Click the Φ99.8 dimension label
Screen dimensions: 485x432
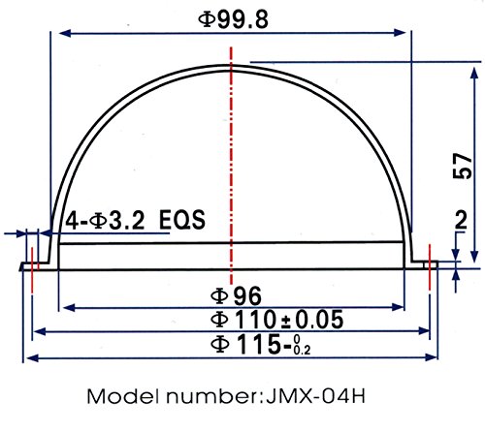coord(233,19)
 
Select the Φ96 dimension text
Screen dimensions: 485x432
coord(236,295)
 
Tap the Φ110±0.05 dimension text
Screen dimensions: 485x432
coord(276,320)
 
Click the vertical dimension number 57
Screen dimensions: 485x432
coord(463,167)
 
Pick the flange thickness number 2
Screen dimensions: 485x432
coord(461,220)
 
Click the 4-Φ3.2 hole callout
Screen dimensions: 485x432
coord(105,221)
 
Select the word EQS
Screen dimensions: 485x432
coord(182,220)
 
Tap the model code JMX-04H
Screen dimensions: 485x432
coord(315,396)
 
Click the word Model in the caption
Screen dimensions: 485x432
coord(123,396)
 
